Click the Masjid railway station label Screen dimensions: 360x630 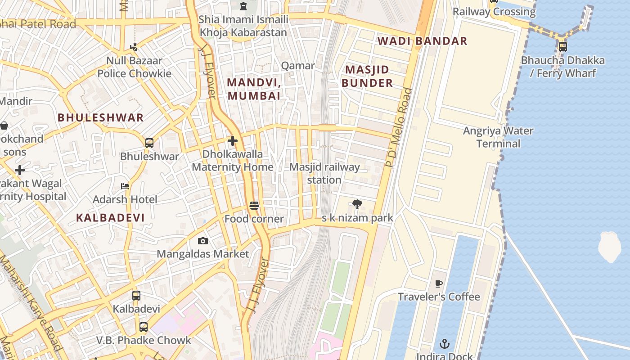tap(324, 174)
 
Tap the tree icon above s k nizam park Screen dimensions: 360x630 tap(357, 205)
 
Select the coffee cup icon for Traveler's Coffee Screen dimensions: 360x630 tap(439, 283)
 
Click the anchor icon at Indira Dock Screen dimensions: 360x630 tap(444, 344)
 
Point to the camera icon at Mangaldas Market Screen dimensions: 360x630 tap(202, 241)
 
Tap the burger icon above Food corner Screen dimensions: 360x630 tap(254, 206)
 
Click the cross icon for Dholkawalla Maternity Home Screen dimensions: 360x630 tap(232, 141)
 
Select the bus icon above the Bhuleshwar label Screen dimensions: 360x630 tap(149, 143)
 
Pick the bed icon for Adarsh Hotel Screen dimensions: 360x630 tap(125, 186)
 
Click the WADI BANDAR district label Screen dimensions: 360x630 tap(422, 41)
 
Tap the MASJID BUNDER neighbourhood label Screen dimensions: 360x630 tap(367, 76)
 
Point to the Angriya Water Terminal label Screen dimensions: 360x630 tap(498, 137)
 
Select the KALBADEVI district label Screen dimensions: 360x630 tap(110, 218)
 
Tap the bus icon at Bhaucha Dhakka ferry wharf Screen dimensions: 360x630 tap(562, 46)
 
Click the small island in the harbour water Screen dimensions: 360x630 tap(609, 247)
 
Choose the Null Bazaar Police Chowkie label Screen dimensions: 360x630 tap(134, 67)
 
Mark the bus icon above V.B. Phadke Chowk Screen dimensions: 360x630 tap(144, 327)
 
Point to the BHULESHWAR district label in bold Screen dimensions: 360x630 tap(100, 118)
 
